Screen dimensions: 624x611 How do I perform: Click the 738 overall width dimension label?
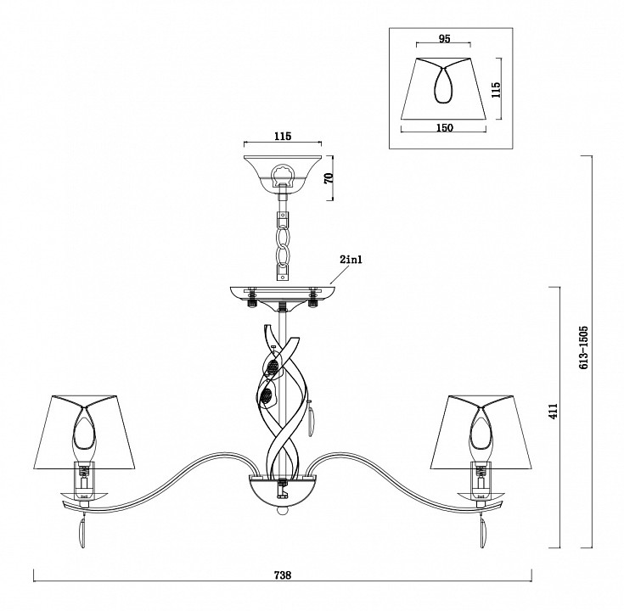(x=283, y=575)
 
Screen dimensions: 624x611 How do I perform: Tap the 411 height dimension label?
(x=554, y=411)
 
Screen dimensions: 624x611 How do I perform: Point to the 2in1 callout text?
(x=351, y=261)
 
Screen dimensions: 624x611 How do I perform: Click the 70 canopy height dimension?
(x=329, y=178)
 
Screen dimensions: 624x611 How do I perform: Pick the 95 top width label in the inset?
(x=445, y=38)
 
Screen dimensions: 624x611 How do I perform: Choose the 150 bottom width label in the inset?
(x=445, y=127)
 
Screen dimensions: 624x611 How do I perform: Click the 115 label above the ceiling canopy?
(x=283, y=136)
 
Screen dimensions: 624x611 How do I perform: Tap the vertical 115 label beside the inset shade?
(x=496, y=90)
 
